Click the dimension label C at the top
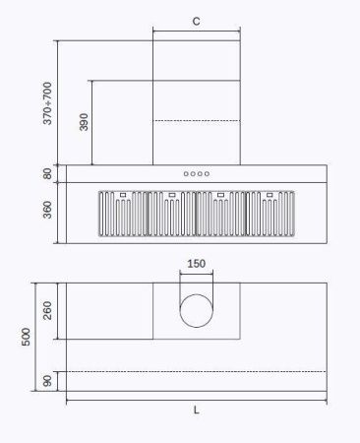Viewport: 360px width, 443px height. (197, 20)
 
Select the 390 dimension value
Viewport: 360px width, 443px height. (85, 122)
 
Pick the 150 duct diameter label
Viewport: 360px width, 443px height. (197, 264)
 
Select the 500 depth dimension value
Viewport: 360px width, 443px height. (28, 337)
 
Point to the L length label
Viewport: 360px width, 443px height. (196, 410)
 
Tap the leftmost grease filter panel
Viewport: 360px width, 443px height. (122, 215)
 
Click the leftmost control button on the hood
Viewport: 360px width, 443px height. (186, 174)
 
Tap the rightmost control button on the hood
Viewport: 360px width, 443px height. (207, 174)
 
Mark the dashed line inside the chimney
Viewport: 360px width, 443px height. (197, 121)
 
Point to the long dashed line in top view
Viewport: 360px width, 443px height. (196, 371)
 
